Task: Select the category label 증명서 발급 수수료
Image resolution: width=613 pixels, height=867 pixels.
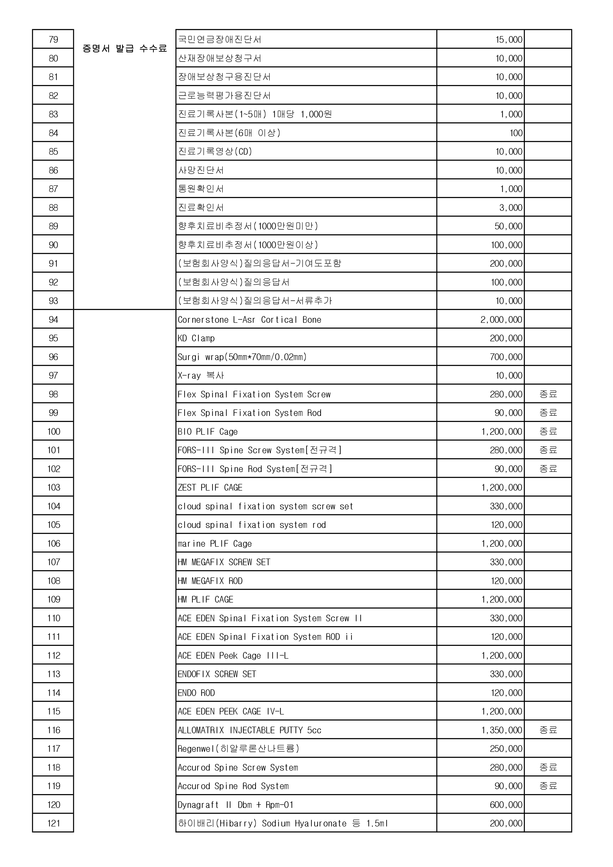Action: click(x=125, y=49)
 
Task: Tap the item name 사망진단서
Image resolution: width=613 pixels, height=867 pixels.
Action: click(x=201, y=170)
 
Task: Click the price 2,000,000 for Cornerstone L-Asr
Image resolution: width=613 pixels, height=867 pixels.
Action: click(x=501, y=320)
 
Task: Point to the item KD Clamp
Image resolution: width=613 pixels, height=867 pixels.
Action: click(x=196, y=338)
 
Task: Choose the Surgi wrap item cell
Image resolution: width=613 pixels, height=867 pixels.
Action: click(x=242, y=357)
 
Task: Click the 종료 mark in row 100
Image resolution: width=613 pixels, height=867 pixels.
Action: click(x=548, y=431)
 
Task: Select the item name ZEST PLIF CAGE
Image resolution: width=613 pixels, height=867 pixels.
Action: click(x=210, y=487)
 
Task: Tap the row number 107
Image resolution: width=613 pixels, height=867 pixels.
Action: click(x=54, y=562)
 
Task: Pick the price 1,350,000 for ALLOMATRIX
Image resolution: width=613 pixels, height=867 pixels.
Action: click(x=501, y=730)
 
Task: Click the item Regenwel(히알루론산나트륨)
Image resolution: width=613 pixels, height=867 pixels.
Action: click(x=238, y=749)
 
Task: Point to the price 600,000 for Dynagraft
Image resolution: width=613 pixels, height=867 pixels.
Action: click(x=506, y=805)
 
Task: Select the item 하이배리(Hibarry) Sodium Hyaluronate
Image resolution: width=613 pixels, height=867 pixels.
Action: click(x=283, y=824)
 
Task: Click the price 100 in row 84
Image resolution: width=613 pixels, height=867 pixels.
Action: click(x=516, y=133)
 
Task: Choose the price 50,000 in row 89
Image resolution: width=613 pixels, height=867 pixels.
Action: click(x=508, y=226)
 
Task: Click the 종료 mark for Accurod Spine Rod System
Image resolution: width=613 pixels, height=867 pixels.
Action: click(x=548, y=786)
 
